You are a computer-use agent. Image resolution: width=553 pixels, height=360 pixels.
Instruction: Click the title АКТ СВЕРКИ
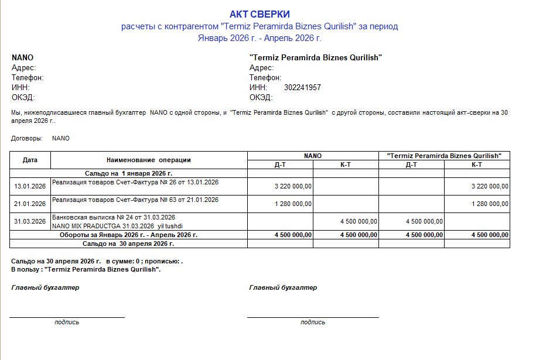tap(260, 14)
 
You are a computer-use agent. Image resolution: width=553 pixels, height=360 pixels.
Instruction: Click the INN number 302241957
tap(302, 88)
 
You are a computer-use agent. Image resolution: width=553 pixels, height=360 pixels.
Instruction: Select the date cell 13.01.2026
tap(30, 186)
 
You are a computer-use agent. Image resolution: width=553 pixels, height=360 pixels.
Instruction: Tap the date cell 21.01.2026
tap(30, 204)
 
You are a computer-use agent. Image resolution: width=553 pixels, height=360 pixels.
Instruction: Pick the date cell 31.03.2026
tap(30, 221)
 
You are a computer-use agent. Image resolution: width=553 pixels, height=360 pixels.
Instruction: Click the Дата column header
tap(30, 159)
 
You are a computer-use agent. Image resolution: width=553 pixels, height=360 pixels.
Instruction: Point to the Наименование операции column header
tap(149, 160)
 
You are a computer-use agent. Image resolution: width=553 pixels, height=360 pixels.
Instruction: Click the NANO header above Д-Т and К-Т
tap(313, 156)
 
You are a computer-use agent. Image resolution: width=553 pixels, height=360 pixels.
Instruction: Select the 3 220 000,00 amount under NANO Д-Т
tap(293, 186)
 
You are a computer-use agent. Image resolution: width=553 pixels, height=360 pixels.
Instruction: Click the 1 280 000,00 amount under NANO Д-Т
tap(293, 204)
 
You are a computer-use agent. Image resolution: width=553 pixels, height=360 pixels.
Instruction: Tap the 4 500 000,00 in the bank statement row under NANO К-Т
tap(359, 221)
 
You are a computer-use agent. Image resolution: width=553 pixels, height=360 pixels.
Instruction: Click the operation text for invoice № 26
tap(135, 183)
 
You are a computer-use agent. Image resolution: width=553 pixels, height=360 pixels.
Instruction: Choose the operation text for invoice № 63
tap(135, 200)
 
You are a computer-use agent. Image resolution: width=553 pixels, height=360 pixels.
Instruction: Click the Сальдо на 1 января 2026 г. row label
tap(128, 173)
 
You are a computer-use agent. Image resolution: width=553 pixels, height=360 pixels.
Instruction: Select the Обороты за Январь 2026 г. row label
tap(128, 235)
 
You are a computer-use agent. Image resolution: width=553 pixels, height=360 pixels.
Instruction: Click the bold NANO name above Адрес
tap(22, 58)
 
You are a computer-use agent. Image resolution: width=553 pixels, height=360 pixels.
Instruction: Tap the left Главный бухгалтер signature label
tap(45, 287)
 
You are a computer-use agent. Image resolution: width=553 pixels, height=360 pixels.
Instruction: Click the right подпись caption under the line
tap(313, 322)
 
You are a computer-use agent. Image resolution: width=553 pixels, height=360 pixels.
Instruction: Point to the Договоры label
tap(27, 139)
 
